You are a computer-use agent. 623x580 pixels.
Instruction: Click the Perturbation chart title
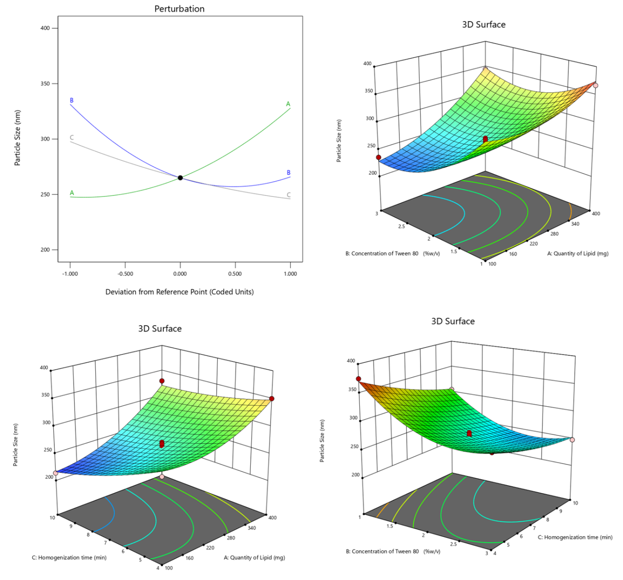tap(179, 9)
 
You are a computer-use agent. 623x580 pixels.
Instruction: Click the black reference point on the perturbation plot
tap(180, 178)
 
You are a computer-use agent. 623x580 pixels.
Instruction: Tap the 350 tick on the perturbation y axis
tap(45, 83)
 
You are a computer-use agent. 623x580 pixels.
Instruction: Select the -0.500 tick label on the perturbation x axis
tap(125, 274)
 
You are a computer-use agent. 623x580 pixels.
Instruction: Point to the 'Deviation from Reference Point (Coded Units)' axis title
tap(179, 292)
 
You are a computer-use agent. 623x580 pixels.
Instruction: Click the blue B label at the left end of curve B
tap(72, 100)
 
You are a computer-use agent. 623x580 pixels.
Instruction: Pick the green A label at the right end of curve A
tap(288, 104)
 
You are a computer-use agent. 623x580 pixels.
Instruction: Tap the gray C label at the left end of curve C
tap(72, 137)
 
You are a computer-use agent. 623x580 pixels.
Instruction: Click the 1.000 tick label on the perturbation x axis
tap(290, 274)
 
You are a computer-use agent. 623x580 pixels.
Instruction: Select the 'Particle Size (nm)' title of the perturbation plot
tap(18, 138)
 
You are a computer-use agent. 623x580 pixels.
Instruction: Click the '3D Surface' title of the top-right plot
tap(483, 25)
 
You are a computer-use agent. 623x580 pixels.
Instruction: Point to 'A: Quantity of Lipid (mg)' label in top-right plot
tap(578, 253)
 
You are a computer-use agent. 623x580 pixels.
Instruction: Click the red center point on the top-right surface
tap(485, 139)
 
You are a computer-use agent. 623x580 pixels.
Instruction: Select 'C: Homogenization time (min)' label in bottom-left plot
tap(69, 557)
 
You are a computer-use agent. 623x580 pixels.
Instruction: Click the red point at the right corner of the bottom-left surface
tap(272, 398)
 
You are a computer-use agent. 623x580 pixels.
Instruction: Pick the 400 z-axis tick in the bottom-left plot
tap(44, 368)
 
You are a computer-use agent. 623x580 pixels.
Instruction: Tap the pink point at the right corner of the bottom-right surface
tap(573, 440)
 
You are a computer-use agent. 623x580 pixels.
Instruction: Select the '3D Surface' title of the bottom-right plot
tap(453, 321)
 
